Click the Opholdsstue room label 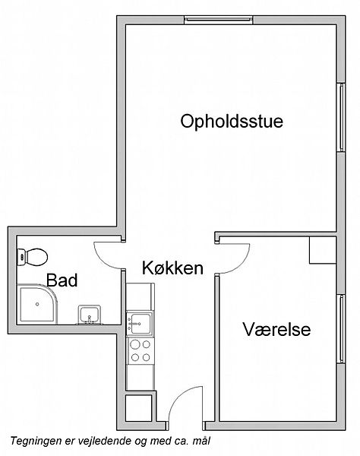point(232,122)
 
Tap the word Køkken point(172,268)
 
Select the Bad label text point(62,280)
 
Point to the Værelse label point(276,330)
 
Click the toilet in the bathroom point(32,257)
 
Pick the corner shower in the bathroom point(37,304)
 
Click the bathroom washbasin point(90,315)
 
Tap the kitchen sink point(140,324)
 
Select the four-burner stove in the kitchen point(141,350)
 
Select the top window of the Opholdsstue point(219,20)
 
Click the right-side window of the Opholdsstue point(342,117)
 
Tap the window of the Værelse point(342,328)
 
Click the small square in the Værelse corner point(323,250)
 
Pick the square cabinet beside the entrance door point(139,407)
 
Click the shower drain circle point(37,304)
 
